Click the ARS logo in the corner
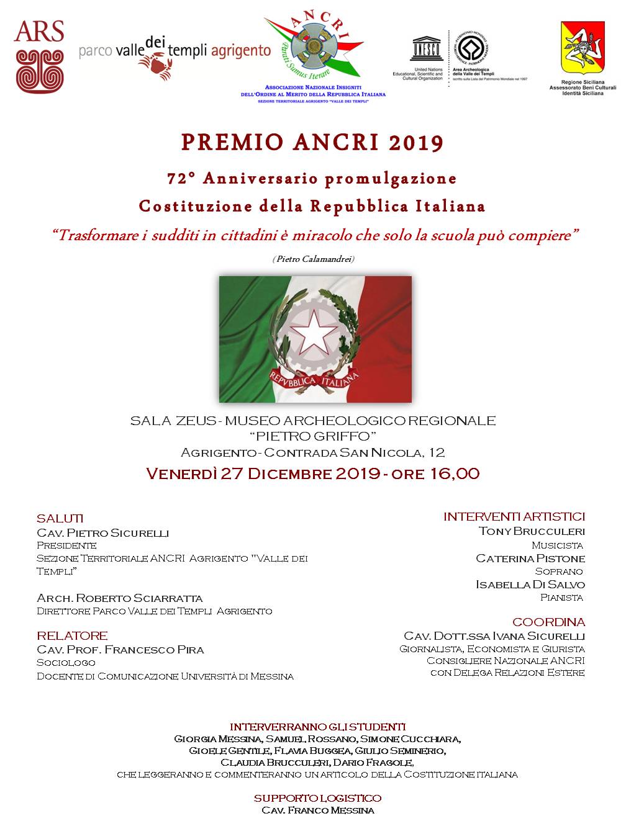tap(39, 56)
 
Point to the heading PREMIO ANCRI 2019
tap(312, 143)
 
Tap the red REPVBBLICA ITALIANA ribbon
tap(314, 377)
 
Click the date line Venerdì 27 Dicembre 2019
tap(312, 473)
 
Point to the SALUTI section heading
tap(60, 518)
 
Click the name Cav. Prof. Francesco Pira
tap(120, 650)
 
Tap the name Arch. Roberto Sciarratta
tap(120, 598)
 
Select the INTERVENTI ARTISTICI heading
tap(514, 516)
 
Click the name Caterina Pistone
tap(530, 558)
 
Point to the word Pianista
tap(561, 598)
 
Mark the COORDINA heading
tap(548, 622)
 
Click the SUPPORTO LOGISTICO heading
tap(317, 798)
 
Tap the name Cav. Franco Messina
tap(318, 810)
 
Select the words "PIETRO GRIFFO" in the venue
tap(312, 436)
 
